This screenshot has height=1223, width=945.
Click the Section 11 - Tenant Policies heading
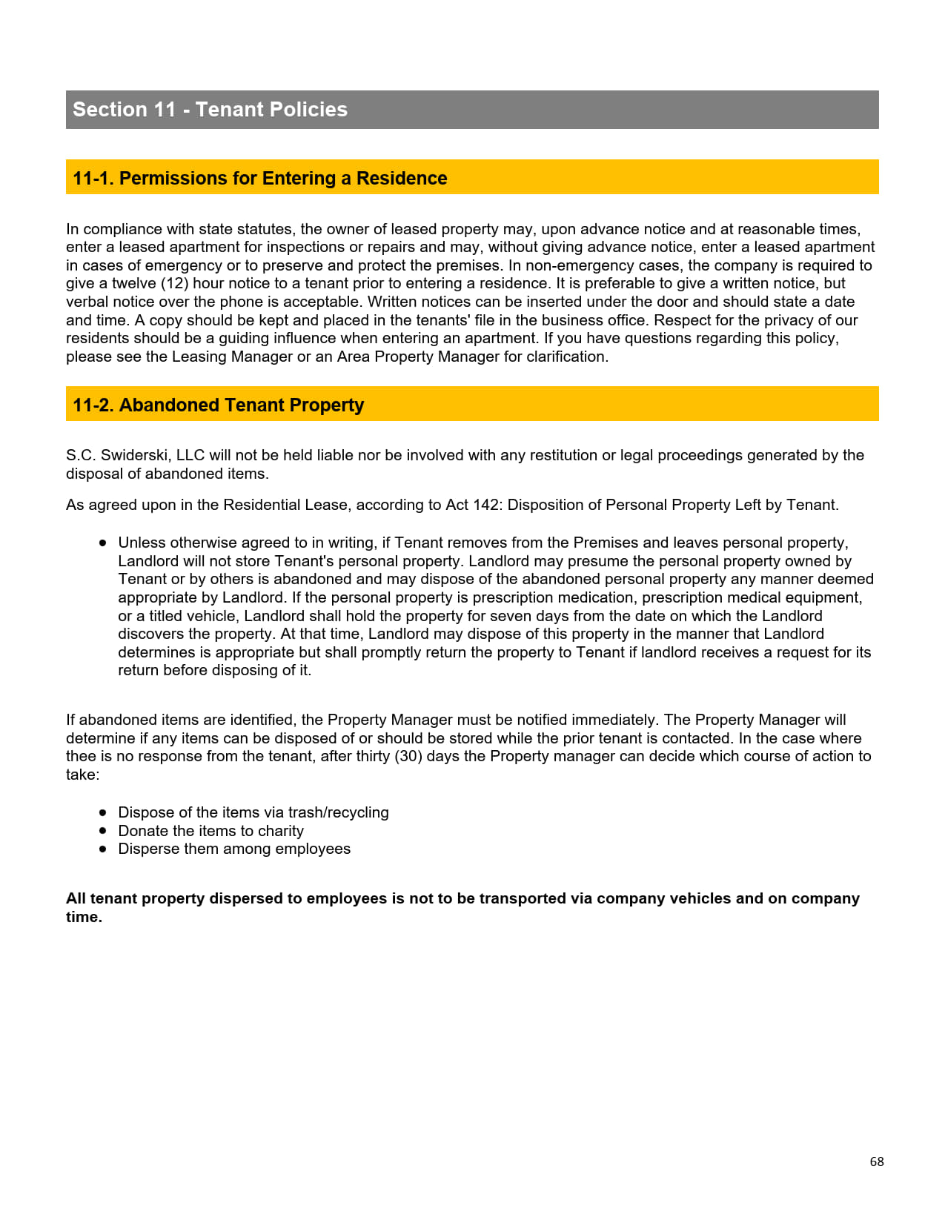(210, 110)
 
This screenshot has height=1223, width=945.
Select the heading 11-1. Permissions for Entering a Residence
(259, 179)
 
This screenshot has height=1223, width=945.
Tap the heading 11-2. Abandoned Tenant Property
(218, 405)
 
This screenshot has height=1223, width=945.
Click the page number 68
(877, 1161)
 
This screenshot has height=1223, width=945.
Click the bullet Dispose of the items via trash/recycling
(253, 812)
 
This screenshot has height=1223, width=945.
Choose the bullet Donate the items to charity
(210, 831)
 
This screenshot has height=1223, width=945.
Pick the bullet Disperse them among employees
(234, 849)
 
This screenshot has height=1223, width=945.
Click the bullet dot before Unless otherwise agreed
(103, 543)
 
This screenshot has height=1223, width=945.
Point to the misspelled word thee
(81, 756)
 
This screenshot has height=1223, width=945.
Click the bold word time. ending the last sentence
(84, 917)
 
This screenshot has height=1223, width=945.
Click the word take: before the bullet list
(82, 775)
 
